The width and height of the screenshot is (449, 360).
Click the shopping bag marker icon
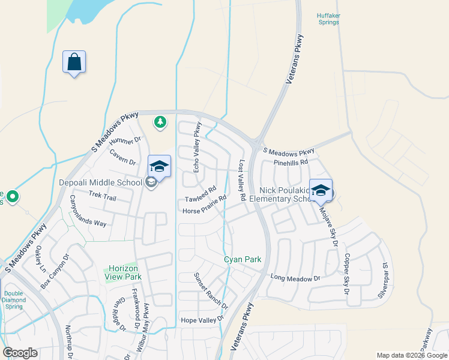point(74,62)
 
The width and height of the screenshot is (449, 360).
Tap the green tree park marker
point(160,122)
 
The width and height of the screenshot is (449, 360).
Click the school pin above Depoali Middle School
point(159,167)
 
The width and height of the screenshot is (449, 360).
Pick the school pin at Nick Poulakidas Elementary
point(321,191)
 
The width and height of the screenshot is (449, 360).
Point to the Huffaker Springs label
point(328,19)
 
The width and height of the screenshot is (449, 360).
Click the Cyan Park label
point(243,259)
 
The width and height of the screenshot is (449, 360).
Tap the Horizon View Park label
point(124,272)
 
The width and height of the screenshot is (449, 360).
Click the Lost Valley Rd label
point(243,180)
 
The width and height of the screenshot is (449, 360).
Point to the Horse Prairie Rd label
point(204,205)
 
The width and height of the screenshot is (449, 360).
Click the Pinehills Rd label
point(290,162)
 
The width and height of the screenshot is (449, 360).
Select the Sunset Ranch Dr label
point(210,291)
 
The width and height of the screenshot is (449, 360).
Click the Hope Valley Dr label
point(202,321)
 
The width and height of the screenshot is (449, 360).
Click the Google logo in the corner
point(20,353)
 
